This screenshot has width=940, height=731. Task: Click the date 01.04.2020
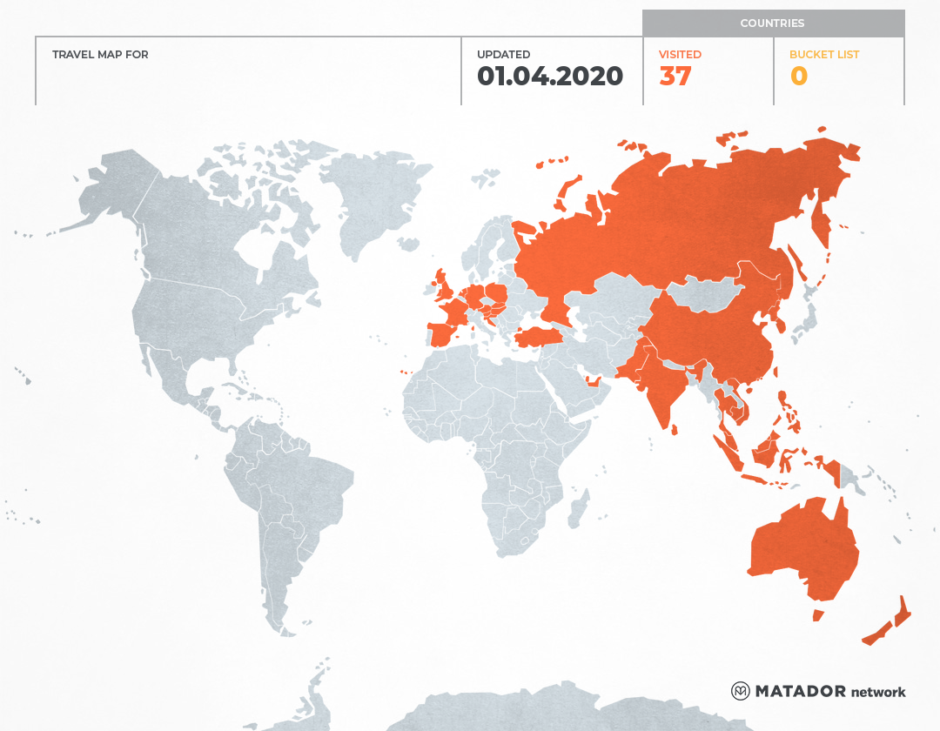pyautogui.click(x=549, y=77)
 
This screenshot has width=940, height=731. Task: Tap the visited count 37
pyautogui.click(x=675, y=77)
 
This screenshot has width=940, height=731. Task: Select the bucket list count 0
pyautogui.click(x=798, y=77)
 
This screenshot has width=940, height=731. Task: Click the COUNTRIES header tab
pyautogui.click(x=772, y=23)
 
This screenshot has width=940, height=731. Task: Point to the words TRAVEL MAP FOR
pyautogui.click(x=100, y=55)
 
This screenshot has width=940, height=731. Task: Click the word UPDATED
pyautogui.click(x=503, y=55)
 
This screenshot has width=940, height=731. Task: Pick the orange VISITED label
pyautogui.click(x=680, y=55)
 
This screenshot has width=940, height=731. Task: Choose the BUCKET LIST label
pyautogui.click(x=823, y=55)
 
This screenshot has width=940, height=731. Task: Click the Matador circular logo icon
pyautogui.click(x=741, y=691)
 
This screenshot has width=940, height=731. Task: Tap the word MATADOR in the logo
pyautogui.click(x=800, y=691)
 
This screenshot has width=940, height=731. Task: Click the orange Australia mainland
pyautogui.click(x=801, y=548)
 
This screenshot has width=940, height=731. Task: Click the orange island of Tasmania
pyautogui.click(x=818, y=615)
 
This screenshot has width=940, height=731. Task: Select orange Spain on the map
pyautogui.click(x=443, y=333)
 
